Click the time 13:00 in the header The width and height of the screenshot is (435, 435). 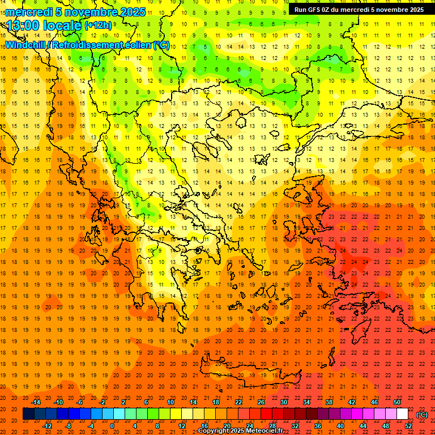coord(26,25)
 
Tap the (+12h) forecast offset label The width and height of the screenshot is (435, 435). coord(98,25)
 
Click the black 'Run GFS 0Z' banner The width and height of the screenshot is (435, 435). coord(359,10)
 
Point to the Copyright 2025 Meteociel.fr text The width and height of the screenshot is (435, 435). coord(240,430)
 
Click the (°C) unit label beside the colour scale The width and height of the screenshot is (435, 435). coord(422,415)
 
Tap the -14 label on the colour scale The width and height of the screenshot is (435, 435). coord(36,402)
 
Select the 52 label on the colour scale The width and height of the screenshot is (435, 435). coord(408,426)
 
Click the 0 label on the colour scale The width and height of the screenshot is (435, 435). coord(112,426)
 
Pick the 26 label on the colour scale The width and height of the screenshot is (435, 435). coord(261,402)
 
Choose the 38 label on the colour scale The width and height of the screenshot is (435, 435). coord(329,402)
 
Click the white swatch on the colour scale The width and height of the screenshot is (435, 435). coord(402,414)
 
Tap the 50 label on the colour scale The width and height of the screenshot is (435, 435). coord(397,402)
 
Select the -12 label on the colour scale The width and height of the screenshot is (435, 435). coord(47,426)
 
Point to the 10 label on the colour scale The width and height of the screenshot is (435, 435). coord(170,402)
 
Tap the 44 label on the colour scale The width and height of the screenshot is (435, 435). coord(363,426)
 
